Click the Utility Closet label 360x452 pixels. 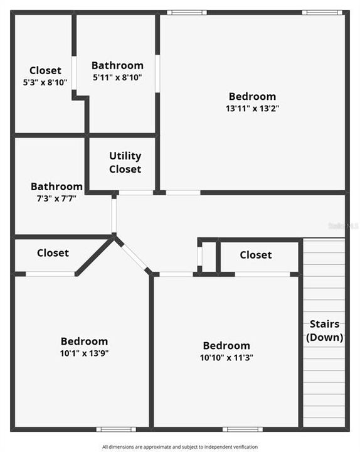pyautogui.click(x=125, y=162)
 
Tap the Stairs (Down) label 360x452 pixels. pyautogui.click(x=324, y=330)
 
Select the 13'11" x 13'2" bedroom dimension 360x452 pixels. pyautogui.click(x=252, y=108)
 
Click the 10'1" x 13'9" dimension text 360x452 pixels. pyautogui.click(x=84, y=352)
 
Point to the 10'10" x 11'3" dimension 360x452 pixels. pyautogui.click(x=226, y=357)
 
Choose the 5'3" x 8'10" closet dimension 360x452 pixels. pyautogui.click(x=45, y=82)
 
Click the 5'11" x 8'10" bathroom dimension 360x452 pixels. pyautogui.click(x=117, y=77)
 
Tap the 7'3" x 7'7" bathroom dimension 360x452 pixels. pyautogui.click(x=56, y=198)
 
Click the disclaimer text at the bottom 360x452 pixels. pyautogui.click(x=180, y=446)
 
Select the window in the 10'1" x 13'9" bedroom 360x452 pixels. pyautogui.click(x=116, y=429)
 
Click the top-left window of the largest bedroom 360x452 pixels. pyautogui.click(x=186, y=13)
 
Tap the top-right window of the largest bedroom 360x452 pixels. pyautogui.click(x=322, y=13)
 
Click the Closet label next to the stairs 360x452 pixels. pyautogui.click(x=255, y=254)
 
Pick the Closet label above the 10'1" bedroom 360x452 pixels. pyautogui.click(x=53, y=252)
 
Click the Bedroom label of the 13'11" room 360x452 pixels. pyautogui.click(x=252, y=96)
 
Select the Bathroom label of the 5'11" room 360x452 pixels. pyautogui.click(x=117, y=65)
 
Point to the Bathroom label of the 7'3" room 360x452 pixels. pyautogui.click(x=56, y=186)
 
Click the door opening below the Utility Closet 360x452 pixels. pyautogui.click(x=136, y=193)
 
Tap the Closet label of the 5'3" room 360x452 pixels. pyautogui.click(x=45, y=70)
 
